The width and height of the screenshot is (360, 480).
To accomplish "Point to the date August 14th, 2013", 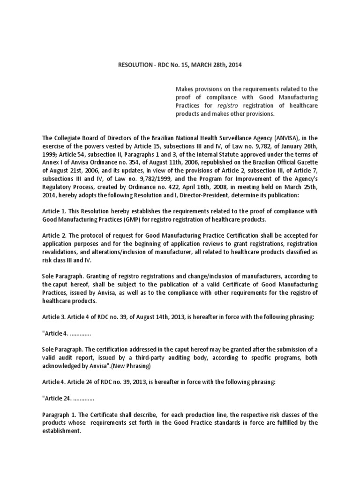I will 145,316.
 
